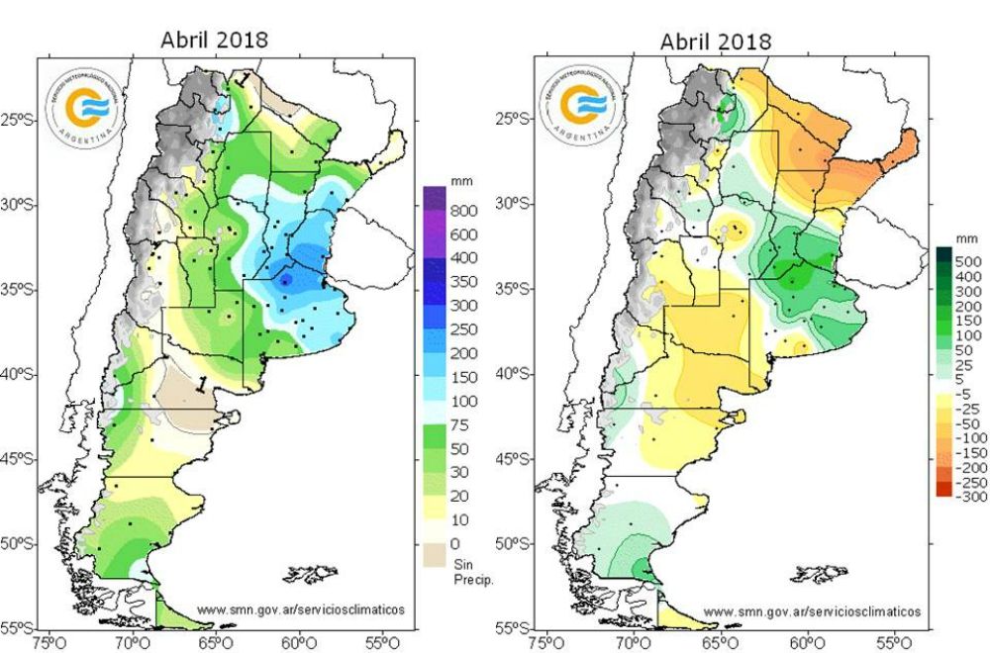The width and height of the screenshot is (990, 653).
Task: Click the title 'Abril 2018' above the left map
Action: (x=215, y=40)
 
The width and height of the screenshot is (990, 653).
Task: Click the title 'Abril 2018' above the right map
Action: (x=716, y=42)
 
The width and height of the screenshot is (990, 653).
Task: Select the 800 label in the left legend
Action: (x=465, y=211)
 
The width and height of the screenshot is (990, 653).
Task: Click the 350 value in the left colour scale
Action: (x=465, y=282)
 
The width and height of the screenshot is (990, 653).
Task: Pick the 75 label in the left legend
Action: (x=461, y=424)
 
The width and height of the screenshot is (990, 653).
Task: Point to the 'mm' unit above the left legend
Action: (x=460, y=183)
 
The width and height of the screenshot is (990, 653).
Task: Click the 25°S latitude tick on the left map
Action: (x=19, y=120)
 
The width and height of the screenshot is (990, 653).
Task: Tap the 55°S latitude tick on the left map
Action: (x=19, y=628)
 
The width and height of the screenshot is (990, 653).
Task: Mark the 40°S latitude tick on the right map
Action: (x=516, y=374)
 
